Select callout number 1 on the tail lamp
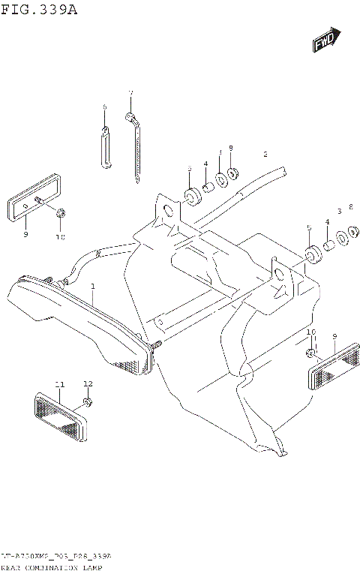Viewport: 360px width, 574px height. coord(93,287)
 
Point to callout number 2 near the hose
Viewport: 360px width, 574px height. coord(265,154)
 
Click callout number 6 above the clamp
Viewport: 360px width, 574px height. coord(105,107)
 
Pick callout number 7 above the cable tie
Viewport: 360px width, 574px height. coord(130,94)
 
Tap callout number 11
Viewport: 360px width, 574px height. coord(59,384)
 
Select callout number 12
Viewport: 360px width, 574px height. coord(88,383)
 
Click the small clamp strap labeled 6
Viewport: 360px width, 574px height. coord(105,146)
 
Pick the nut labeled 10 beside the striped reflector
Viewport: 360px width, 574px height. coord(310,352)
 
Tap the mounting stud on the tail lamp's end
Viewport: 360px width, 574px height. coord(157,346)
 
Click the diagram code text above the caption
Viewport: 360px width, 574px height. coord(56,557)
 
